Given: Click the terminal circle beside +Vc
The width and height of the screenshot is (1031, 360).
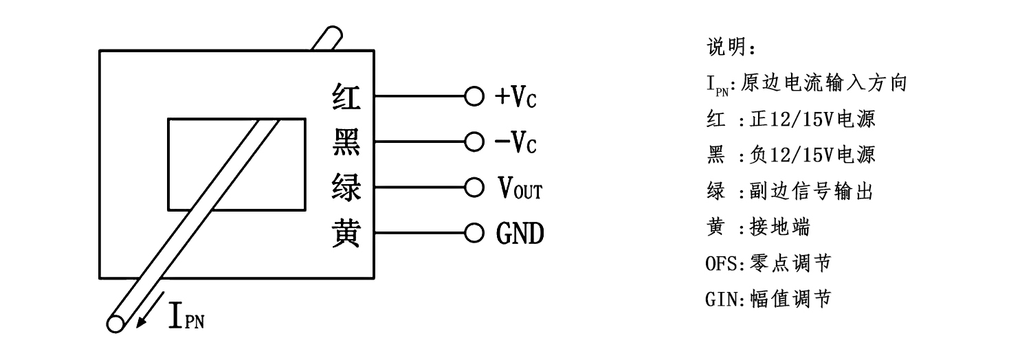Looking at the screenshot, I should coord(474,97).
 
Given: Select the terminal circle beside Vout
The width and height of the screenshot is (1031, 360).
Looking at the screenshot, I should coord(474,188).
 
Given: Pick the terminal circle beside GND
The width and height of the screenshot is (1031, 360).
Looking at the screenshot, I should coord(474,234).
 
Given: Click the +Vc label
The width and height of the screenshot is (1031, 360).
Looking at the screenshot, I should coord(515,98).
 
